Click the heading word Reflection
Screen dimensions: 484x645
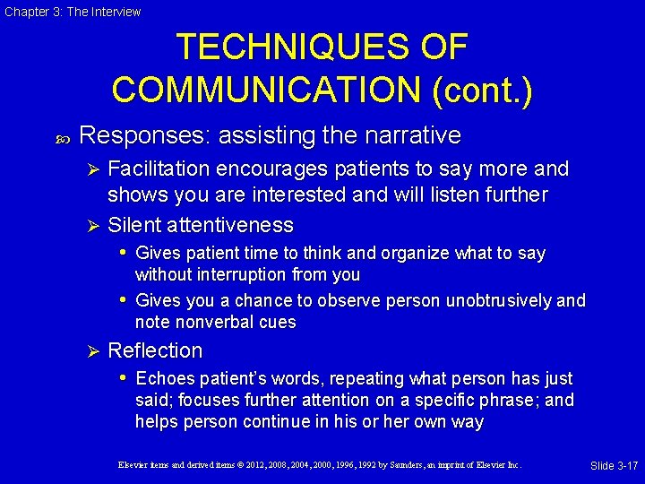pyautogui.click(x=155, y=350)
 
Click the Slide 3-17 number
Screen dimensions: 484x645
pyautogui.click(x=614, y=466)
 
